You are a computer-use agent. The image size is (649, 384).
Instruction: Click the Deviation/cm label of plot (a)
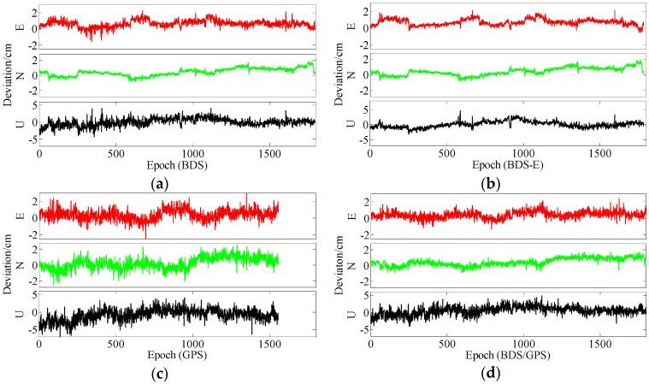[8, 73]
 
